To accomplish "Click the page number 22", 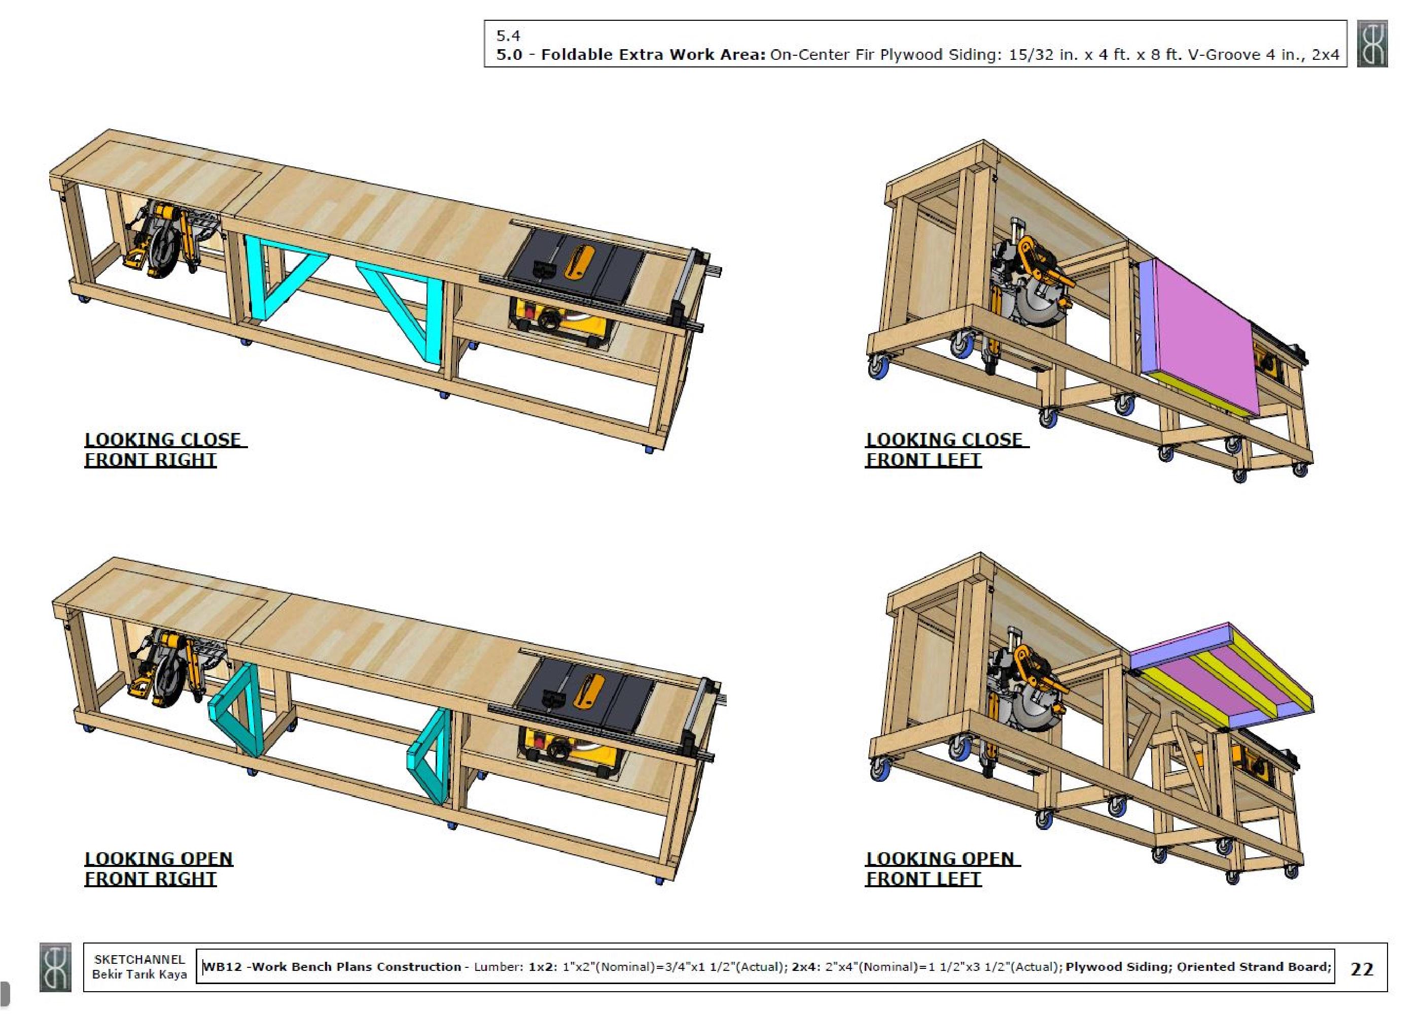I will point(1361,968).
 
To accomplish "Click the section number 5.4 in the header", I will point(508,35).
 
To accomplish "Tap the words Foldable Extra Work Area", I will point(653,54).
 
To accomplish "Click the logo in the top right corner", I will point(1372,43).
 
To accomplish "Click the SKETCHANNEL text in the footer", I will point(139,959).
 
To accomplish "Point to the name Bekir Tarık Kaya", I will point(139,974).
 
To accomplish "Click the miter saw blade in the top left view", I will point(164,250).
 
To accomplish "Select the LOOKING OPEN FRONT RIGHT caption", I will point(159,868).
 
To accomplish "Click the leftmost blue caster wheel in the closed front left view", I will point(877,369).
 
